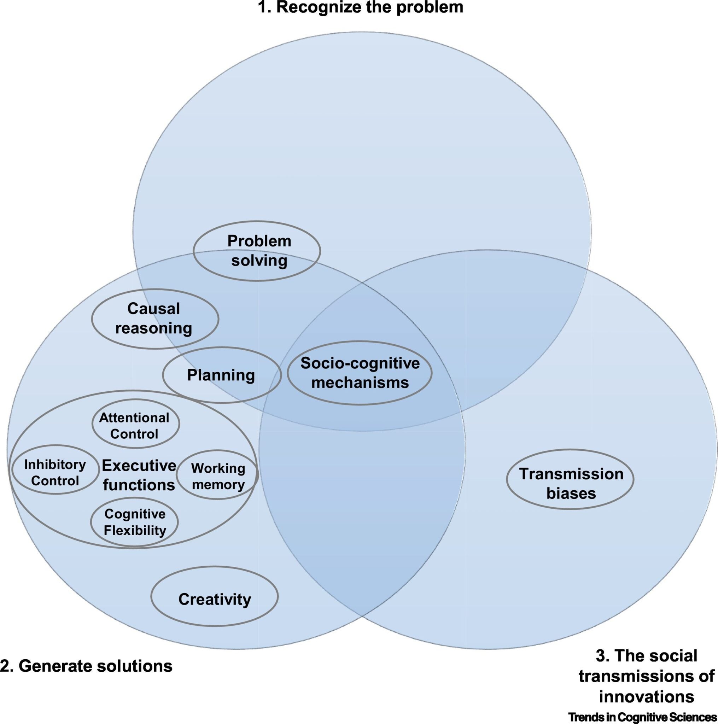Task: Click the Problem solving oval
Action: (257, 251)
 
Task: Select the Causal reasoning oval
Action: (155, 319)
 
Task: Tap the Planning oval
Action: (221, 375)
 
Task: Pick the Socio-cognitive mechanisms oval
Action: (360, 373)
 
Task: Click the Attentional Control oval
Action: (135, 425)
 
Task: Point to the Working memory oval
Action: (218, 476)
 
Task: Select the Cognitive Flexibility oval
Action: (135, 522)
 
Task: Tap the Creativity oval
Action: (214, 599)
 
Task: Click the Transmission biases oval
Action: (570, 483)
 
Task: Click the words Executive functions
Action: (139, 475)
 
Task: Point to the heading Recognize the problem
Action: (369, 7)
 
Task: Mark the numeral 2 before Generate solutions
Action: (5, 666)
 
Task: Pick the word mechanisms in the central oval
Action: (360, 383)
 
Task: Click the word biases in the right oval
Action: (571, 493)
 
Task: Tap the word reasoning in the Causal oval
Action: (154, 328)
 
